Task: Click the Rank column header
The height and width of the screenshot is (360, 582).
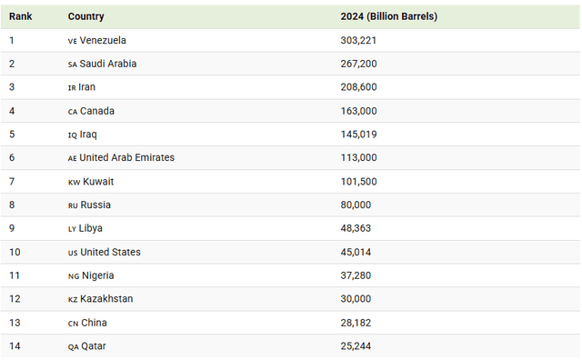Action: pos(21,16)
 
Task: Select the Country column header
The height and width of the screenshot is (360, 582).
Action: pos(85,16)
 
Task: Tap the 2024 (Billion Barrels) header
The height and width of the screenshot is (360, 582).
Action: pos(388,16)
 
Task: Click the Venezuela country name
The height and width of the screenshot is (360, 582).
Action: pos(103,40)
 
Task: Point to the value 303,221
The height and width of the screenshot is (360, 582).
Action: pos(358,40)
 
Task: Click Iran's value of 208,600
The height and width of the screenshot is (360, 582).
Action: pos(358,87)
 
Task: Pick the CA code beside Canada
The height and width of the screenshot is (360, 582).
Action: pos(73,112)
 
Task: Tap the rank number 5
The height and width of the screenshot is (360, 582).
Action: pos(12,135)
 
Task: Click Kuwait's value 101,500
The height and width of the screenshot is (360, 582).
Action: pos(358,182)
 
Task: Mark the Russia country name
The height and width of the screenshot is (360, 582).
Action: pos(95,205)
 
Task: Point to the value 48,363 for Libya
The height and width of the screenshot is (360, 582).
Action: pos(356,229)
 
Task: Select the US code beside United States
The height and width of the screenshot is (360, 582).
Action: pos(73,253)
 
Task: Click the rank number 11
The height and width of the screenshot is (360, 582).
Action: pos(15,275)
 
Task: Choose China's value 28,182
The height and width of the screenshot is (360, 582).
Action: pos(356,323)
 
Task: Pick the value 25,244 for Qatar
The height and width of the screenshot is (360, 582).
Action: pos(356,346)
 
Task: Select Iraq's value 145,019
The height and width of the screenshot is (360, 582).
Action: pos(358,135)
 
